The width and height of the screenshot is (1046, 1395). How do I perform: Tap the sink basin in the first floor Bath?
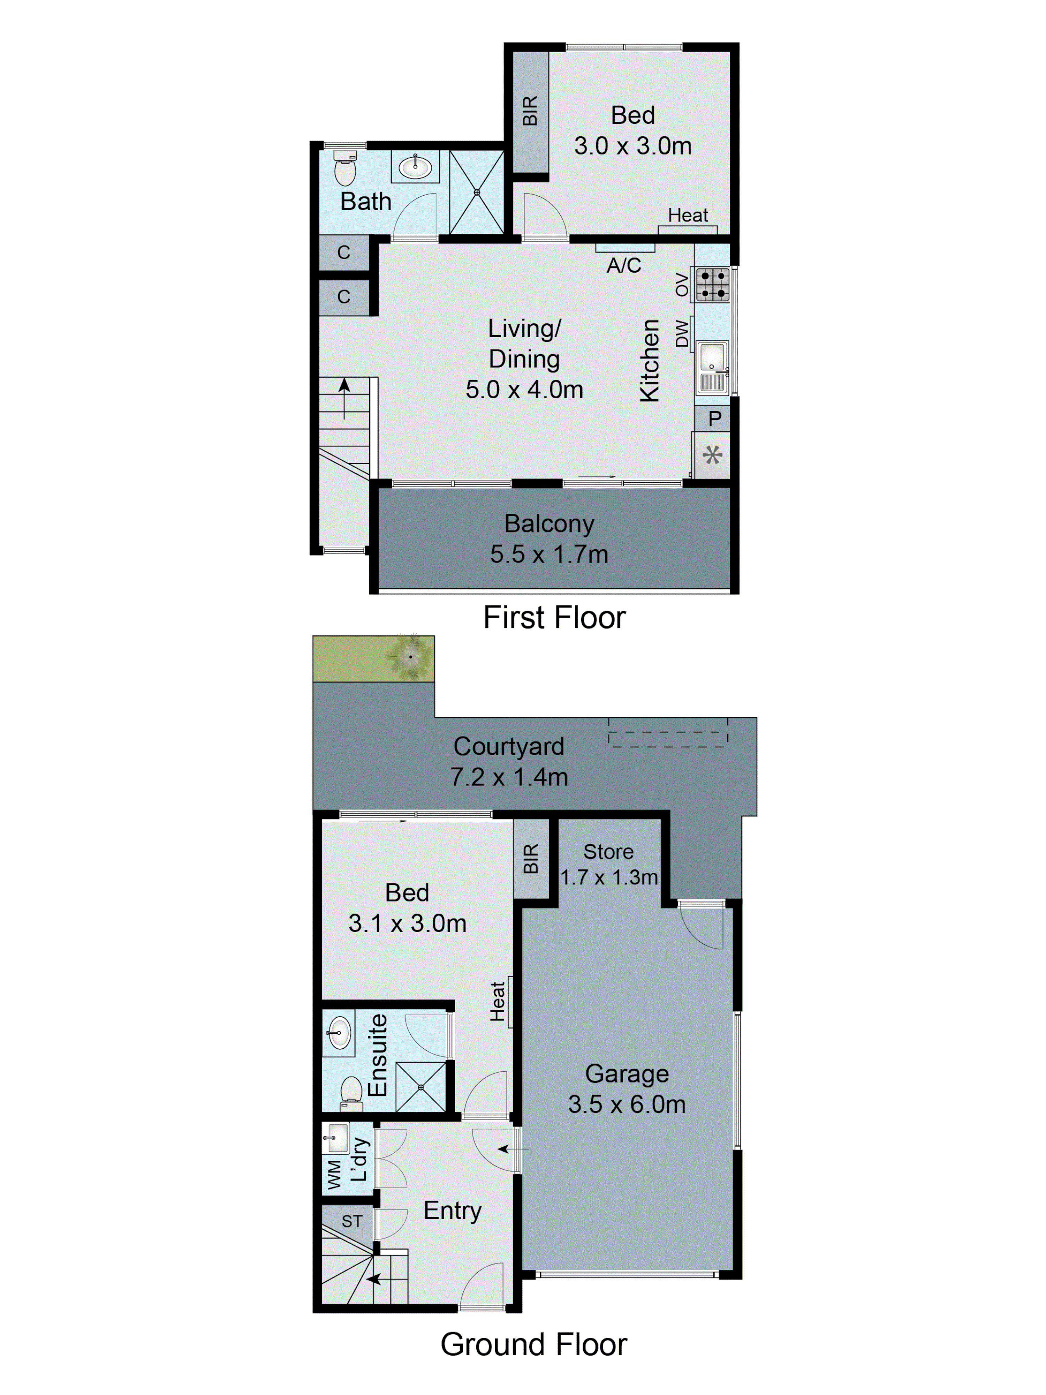(415, 167)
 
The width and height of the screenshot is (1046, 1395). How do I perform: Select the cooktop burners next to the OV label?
(712, 285)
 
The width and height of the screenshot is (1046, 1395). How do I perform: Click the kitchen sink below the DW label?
(712, 368)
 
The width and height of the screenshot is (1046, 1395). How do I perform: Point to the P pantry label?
(714, 419)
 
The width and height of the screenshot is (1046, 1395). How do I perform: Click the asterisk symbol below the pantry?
(712, 455)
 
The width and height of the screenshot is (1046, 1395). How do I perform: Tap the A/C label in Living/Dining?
(623, 265)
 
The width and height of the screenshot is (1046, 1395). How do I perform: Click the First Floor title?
(554, 617)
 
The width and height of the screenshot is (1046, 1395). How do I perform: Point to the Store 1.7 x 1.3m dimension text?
(608, 877)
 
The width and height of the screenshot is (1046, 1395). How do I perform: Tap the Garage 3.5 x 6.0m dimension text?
(627, 1104)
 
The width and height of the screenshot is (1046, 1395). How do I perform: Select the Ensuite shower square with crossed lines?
(420, 1087)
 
